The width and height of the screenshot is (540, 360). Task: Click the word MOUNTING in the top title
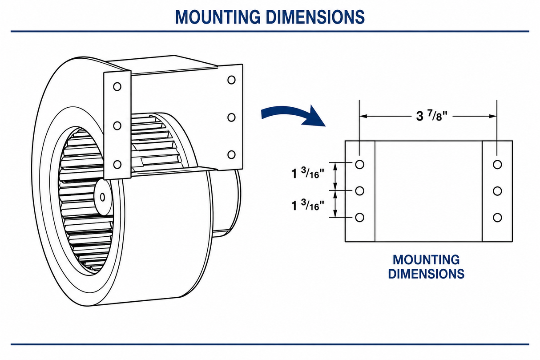click(218, 17)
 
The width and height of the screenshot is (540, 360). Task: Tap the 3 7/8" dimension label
click(431, 116)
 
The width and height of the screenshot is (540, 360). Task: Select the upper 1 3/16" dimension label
click(308, 173)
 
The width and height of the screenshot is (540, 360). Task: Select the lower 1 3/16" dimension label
click(308, 205)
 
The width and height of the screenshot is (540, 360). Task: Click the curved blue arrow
click(293, 116)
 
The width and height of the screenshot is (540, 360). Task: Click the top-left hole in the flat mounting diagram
click(359, 165)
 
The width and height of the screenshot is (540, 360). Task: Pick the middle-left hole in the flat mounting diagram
click(359, 191)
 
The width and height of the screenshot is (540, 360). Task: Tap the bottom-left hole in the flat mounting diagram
click(359, 218)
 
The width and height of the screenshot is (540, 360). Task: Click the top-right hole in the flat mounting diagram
click(497, 165)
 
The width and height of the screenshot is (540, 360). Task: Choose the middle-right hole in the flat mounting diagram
click(497, 191)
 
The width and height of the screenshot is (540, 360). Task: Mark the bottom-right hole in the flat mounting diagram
click(497, 218)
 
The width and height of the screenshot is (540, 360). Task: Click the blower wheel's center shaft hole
click(102, 197)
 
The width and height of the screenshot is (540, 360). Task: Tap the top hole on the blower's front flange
click(117, 87)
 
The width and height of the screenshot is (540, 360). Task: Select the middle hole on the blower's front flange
click(117, 125)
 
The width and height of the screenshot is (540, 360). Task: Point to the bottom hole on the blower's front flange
click(117, 165)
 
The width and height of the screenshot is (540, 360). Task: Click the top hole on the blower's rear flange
click(231, 80)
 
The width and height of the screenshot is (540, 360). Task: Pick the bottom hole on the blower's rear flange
click(231, 154)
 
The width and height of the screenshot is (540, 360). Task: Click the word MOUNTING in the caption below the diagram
click(426, 260)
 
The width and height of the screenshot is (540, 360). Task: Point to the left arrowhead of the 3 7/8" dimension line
click(363, 116)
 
